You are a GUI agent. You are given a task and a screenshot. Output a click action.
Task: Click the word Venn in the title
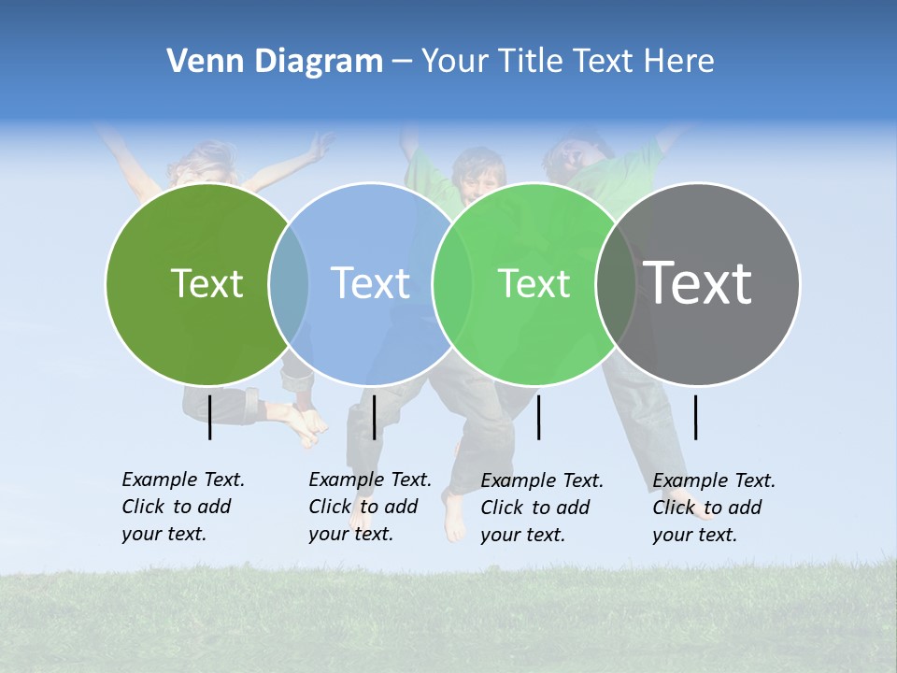[x=201, y=61]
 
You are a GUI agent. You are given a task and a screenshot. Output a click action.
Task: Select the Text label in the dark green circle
[x=206, y=283]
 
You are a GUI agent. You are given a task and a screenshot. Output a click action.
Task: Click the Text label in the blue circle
[x=370, y=283]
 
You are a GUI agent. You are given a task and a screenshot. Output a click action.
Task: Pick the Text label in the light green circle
[x=534, y=283]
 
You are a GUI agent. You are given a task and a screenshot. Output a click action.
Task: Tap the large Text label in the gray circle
[x=698, y=283]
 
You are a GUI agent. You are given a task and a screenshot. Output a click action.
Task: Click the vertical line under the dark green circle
[x=209, y=417]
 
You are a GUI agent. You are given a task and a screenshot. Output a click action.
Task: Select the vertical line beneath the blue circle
[x=374, y=417]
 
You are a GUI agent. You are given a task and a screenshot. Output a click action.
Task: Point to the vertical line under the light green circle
[x=538, y=417]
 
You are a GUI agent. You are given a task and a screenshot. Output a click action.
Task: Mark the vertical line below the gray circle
[x=696, y=417]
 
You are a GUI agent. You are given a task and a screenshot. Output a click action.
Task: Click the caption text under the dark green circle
[x=182, y=507]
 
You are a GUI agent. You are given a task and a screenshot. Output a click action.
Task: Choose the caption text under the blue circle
[x=369, y=507]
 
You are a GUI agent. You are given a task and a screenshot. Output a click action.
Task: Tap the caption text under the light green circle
[x=541, y=508]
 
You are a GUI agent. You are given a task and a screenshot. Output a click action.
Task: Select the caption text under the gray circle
[x=713, y=508]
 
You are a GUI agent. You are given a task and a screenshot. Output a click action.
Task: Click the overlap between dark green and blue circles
[x=289, y=283]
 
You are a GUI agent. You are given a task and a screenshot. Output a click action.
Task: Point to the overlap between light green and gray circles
[x=616, y=283]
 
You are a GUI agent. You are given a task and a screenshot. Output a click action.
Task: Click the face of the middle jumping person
[x=478, y=176]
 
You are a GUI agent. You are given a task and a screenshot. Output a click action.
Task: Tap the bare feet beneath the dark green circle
[x=308, y=425]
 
